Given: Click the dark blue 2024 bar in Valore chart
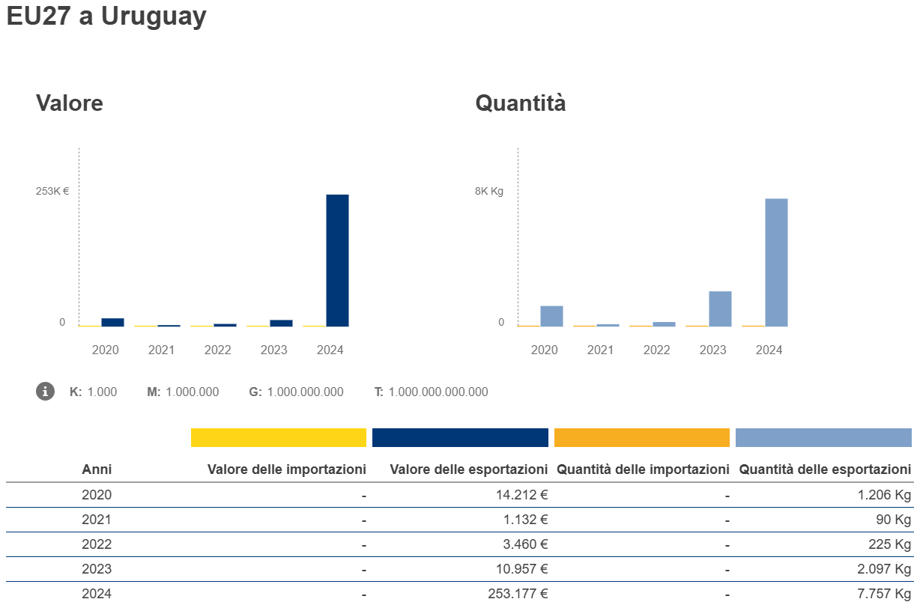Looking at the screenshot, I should point(337,260).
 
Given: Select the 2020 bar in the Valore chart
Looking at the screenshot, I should point(112,322).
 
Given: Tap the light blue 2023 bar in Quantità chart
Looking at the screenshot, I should point(720,308).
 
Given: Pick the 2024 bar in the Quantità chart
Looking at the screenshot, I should point(776,262).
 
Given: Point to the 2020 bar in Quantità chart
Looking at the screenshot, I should point(551,316).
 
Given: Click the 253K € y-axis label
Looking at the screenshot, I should point(52,191).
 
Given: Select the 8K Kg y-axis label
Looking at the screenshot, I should point(489,191).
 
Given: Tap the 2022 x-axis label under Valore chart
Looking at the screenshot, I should point(218,350).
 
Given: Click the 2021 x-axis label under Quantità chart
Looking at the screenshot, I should point(600,350).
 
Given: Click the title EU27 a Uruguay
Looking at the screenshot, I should point(106,16).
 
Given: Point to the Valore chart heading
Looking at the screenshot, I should point(70,103).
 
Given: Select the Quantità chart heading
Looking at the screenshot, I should point(521,103).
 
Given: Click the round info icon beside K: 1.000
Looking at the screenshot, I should point(46,391).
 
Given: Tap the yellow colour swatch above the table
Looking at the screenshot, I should point(279,437).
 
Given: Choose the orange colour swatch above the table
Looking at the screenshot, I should point(641,437).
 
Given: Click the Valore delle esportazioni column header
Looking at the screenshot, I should point(469,469).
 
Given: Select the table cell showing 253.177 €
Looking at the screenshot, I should point(518,594).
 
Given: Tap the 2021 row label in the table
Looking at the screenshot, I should point(97,520).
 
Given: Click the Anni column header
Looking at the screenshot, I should point(97,469).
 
